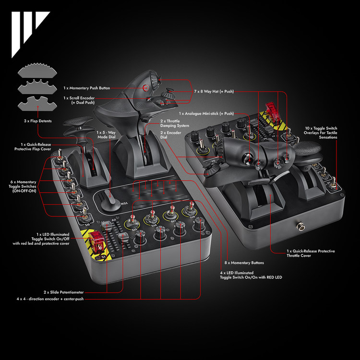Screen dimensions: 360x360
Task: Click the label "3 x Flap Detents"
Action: (x=38, y=121)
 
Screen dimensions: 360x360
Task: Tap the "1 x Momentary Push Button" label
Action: (x=87, y=88)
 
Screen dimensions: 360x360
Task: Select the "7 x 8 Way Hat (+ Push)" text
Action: (x=214, y=91)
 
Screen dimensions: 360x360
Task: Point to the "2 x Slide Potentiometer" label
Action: (x=63, y=292)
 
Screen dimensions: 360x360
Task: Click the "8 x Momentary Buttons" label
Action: (x=244, y=263)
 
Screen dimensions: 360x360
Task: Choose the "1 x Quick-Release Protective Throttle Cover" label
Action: (x=311, y=253)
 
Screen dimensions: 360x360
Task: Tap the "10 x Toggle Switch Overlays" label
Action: (x=321, y=132)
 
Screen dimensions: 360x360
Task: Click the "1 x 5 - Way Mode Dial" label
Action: (x=106, y=135)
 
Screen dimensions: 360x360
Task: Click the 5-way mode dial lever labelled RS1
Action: (x=110, y=202)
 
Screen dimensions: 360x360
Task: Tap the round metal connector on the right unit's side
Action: (x=300, y=226)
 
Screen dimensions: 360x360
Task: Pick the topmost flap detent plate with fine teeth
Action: (x=37, y=71)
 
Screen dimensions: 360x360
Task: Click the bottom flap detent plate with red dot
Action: (x=37, y=104)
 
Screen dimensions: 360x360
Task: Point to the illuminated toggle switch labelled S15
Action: (x=132, y=221)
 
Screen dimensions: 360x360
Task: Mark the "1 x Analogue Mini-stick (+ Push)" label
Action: (x=206, y=113)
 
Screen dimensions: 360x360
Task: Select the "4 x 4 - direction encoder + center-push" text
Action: (x=50, y=299)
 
